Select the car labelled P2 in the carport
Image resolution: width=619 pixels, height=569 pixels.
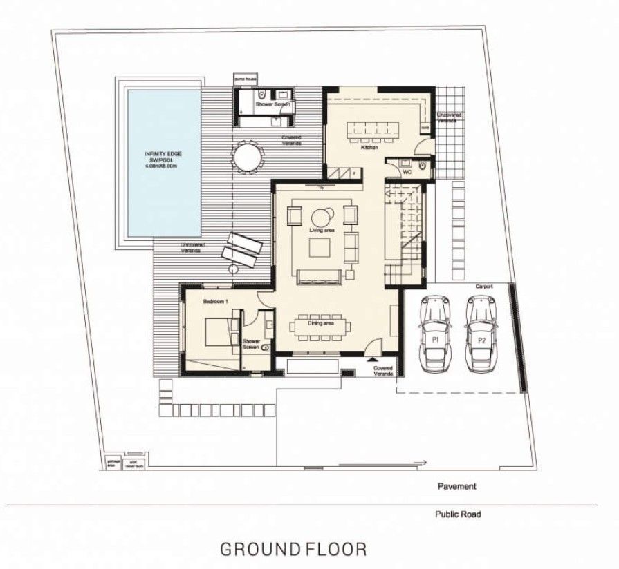pos(481,333)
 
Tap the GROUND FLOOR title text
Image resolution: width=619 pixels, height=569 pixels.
pos(293,549)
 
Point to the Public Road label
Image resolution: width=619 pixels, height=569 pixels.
pos(458,514)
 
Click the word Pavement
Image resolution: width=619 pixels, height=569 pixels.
pos(456,486)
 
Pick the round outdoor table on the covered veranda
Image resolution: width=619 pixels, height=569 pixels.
pos(248,157)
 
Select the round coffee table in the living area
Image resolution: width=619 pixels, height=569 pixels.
pos(322,214)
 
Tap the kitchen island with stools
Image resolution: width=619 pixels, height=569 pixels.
pos(371,128)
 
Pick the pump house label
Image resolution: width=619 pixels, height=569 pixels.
pos(246,81)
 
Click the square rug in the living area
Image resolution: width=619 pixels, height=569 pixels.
pos(320,247)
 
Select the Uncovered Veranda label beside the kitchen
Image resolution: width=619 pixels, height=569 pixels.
pos(450,118)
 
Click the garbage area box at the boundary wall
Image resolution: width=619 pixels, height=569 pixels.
pos(108,463)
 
